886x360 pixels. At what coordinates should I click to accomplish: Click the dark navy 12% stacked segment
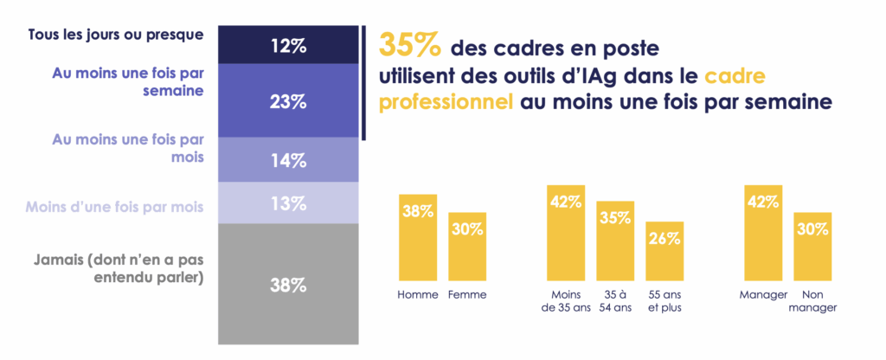(x=288, y=45)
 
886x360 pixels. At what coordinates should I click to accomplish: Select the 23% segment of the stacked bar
(x=288, y=100)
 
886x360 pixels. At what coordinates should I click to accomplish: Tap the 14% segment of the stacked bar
(x=288, y=159)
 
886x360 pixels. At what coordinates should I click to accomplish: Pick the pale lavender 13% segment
(x=288, y=202)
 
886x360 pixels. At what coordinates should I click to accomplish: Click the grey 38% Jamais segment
(x=288, y=283)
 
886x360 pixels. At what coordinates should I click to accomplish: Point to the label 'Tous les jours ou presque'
(x=115, y=35)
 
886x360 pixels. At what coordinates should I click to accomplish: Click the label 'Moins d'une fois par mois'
(x=114, y=207)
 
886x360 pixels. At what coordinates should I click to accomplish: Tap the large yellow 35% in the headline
(x=410, y=44)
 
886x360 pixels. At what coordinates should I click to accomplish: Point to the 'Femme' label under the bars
(x=467, y=295)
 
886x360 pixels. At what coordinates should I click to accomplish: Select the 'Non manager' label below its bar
(x=812, y=302)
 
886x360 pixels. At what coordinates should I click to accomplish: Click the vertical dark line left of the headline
(x=365, y=82)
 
